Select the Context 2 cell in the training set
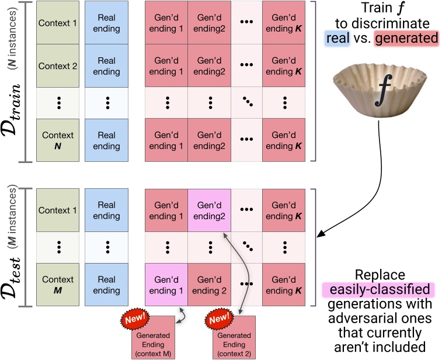[57, 66]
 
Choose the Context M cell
[57, 285]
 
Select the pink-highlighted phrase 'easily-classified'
[378, 289]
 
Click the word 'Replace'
[379, 275]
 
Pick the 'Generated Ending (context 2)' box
[233, 340]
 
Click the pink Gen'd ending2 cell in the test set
[210, 210]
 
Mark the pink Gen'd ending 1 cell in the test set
[166, 285]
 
